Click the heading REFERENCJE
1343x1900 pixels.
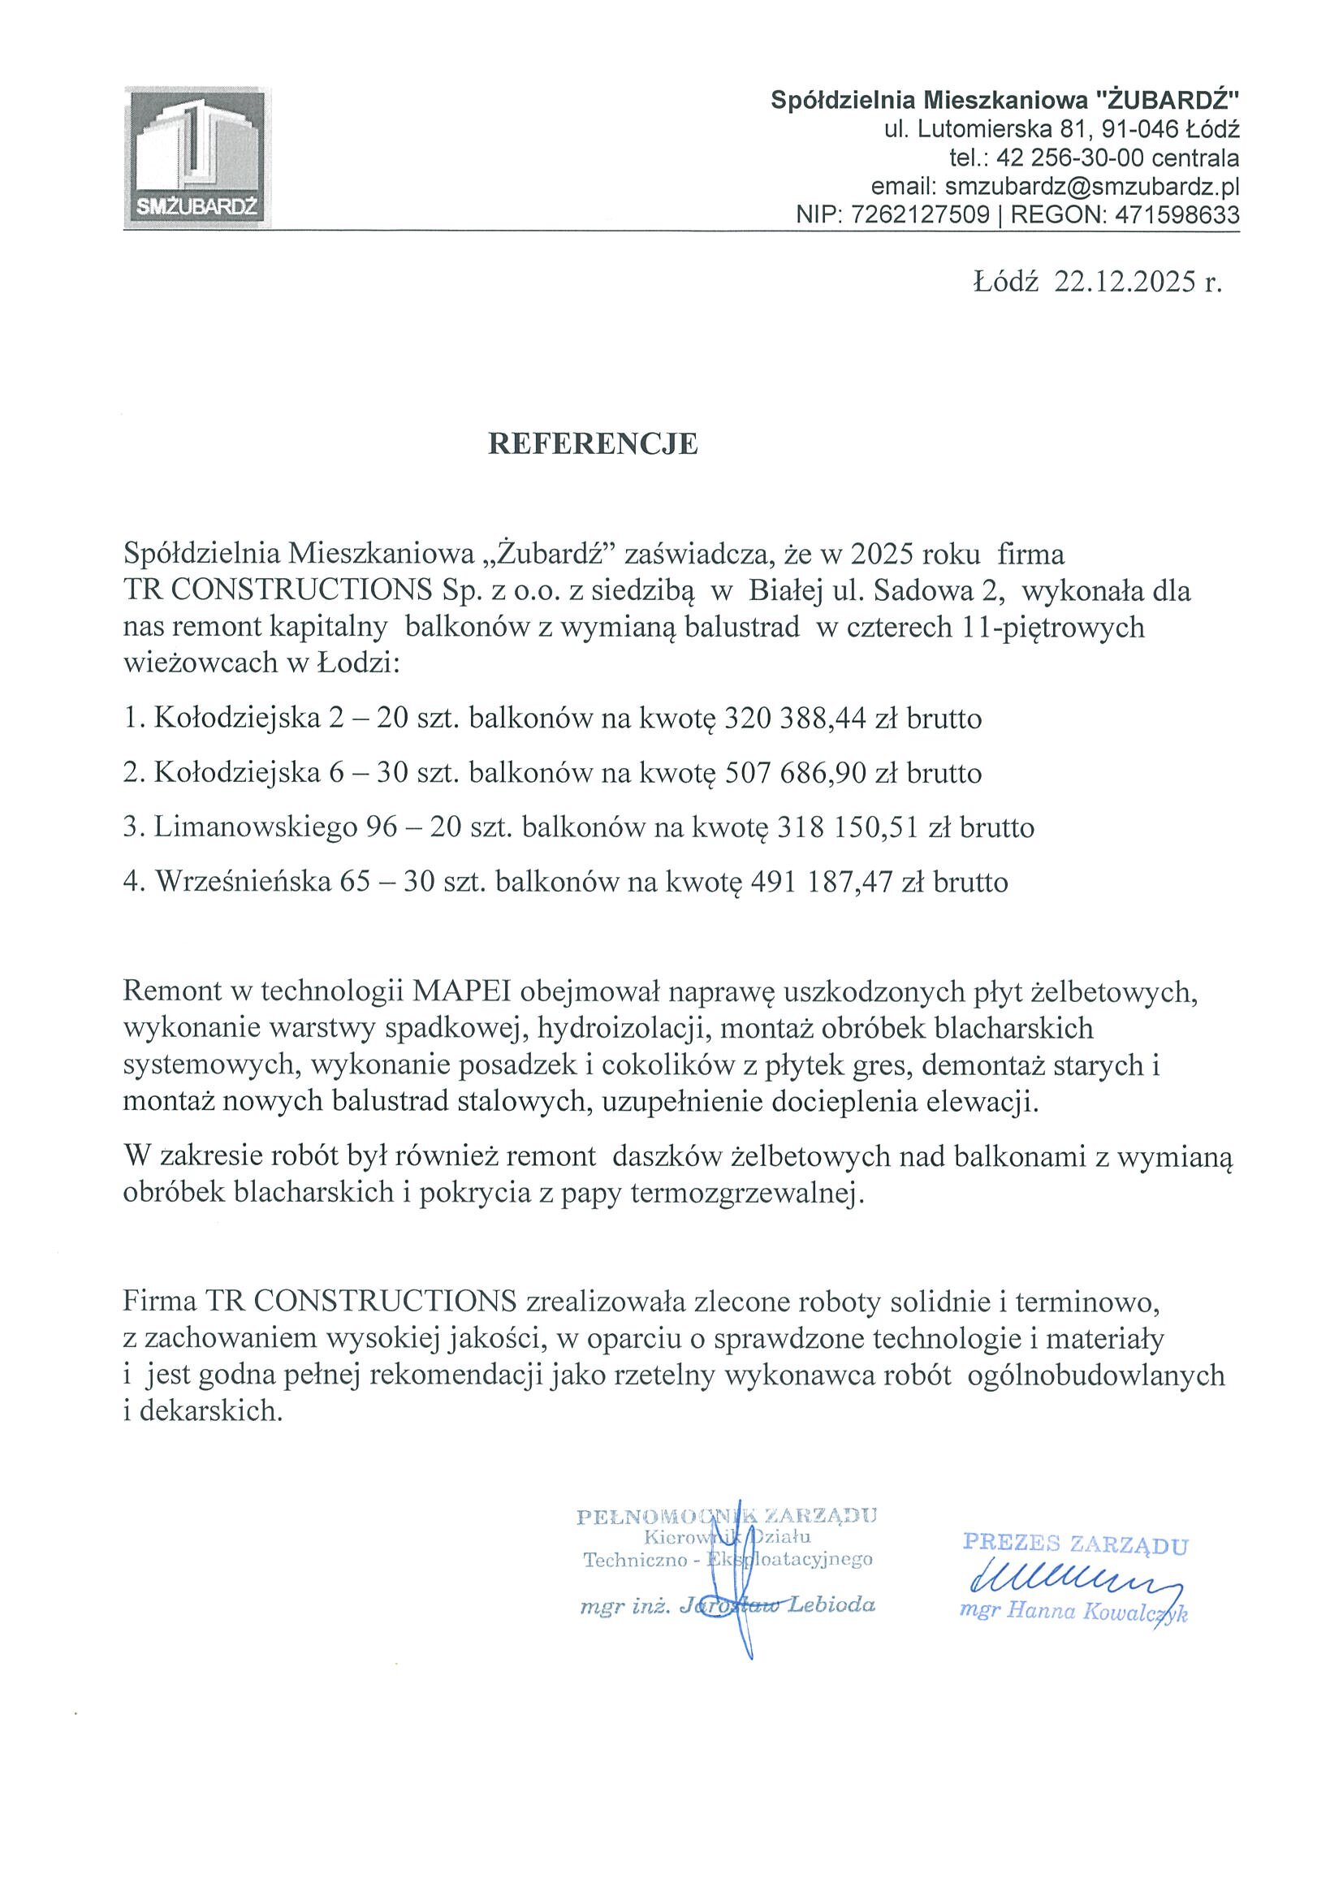(593, 445)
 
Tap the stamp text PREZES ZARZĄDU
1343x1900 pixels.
(1076, 1544)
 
